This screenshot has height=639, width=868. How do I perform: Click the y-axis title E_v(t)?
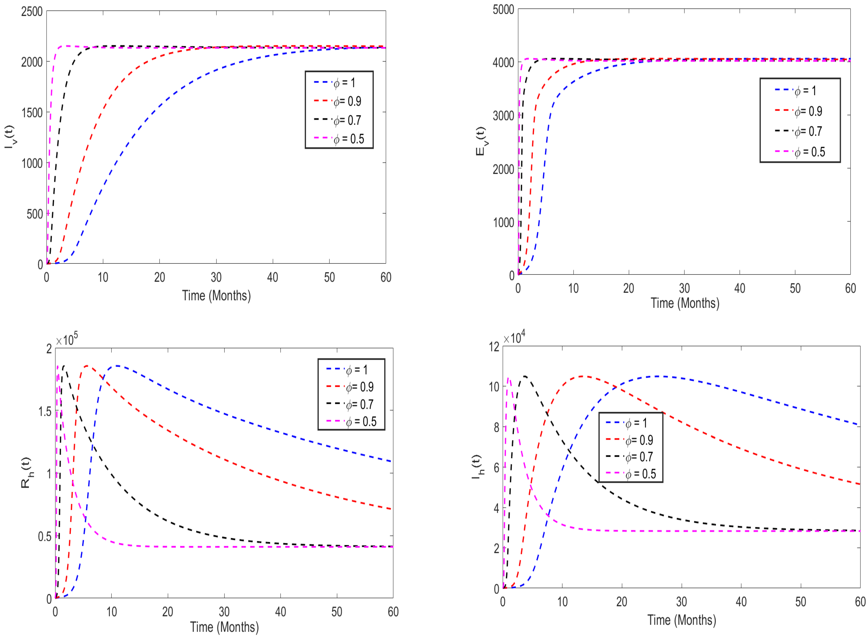[x=481, y=141]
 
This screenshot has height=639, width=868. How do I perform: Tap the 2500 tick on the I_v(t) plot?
[x=32, y=12]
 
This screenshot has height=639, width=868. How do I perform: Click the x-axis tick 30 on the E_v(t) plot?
[x=684, y=288]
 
